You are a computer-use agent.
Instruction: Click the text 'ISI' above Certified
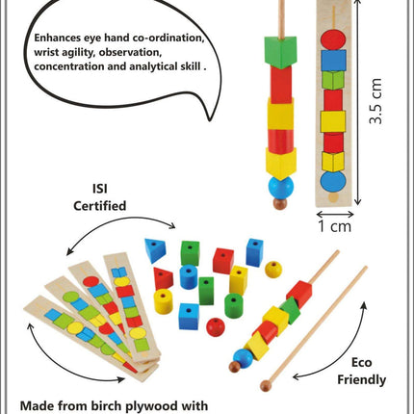100,188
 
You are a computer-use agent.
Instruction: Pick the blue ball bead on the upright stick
279,186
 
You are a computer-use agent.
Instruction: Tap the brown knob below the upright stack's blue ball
279,205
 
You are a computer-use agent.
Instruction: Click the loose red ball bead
216,328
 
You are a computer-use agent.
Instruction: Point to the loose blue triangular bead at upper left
155,250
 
